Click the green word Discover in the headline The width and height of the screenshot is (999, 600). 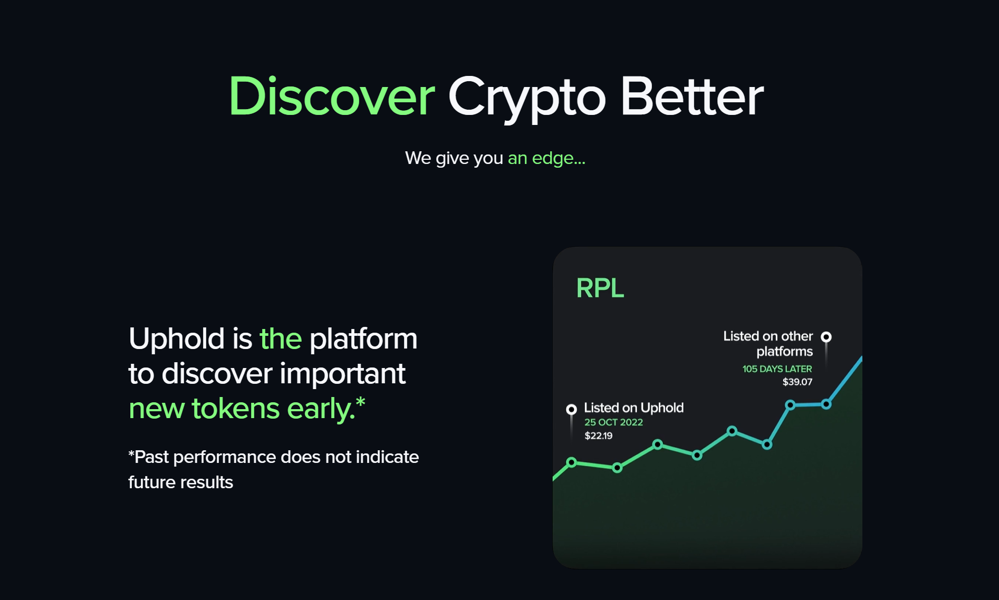point(331,96)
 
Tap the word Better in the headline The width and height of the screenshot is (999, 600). point(691,96)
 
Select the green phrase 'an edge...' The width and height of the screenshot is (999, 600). point(546,158)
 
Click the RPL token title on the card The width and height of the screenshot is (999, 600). point(600,288)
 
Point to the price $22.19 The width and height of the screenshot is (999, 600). point(598,436)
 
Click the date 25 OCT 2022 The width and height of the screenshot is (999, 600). point(613,422)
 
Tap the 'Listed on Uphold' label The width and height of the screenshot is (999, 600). point(633,408)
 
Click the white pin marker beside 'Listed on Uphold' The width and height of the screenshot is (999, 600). point(571,409)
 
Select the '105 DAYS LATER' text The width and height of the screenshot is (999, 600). point(777,369)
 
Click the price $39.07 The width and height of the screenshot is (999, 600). point(797,382)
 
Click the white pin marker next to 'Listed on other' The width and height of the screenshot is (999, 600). point(827,337)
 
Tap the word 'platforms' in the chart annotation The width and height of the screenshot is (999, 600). point(784,352)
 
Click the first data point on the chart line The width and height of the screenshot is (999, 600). point(571,462)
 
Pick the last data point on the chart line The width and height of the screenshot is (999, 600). point(827,404)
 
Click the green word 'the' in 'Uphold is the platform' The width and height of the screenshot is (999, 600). point(281,338)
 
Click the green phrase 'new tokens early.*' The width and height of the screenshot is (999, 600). point(247,409)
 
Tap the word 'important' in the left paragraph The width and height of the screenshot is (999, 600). point(342,374)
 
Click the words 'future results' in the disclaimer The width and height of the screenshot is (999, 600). point(180,482)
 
